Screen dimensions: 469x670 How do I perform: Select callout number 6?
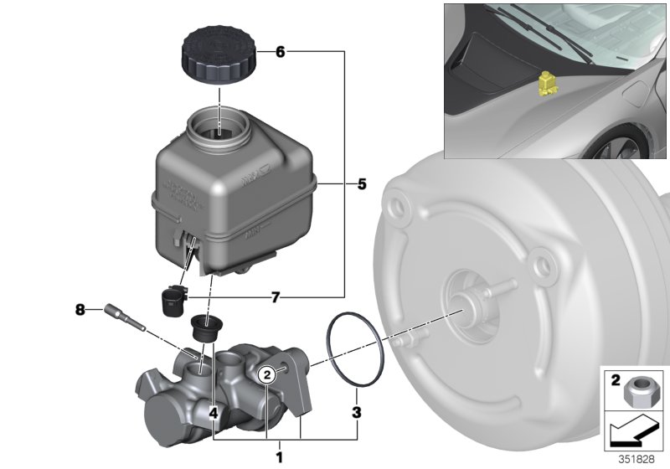280,52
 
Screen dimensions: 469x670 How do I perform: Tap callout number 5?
362,184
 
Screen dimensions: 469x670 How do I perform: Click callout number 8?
80,310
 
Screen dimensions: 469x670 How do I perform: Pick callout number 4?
214,412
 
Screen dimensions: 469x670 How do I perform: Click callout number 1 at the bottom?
280,456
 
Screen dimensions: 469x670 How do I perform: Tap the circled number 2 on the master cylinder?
265,374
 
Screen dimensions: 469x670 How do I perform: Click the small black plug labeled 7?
172,299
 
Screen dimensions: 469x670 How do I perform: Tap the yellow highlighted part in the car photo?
549,85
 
